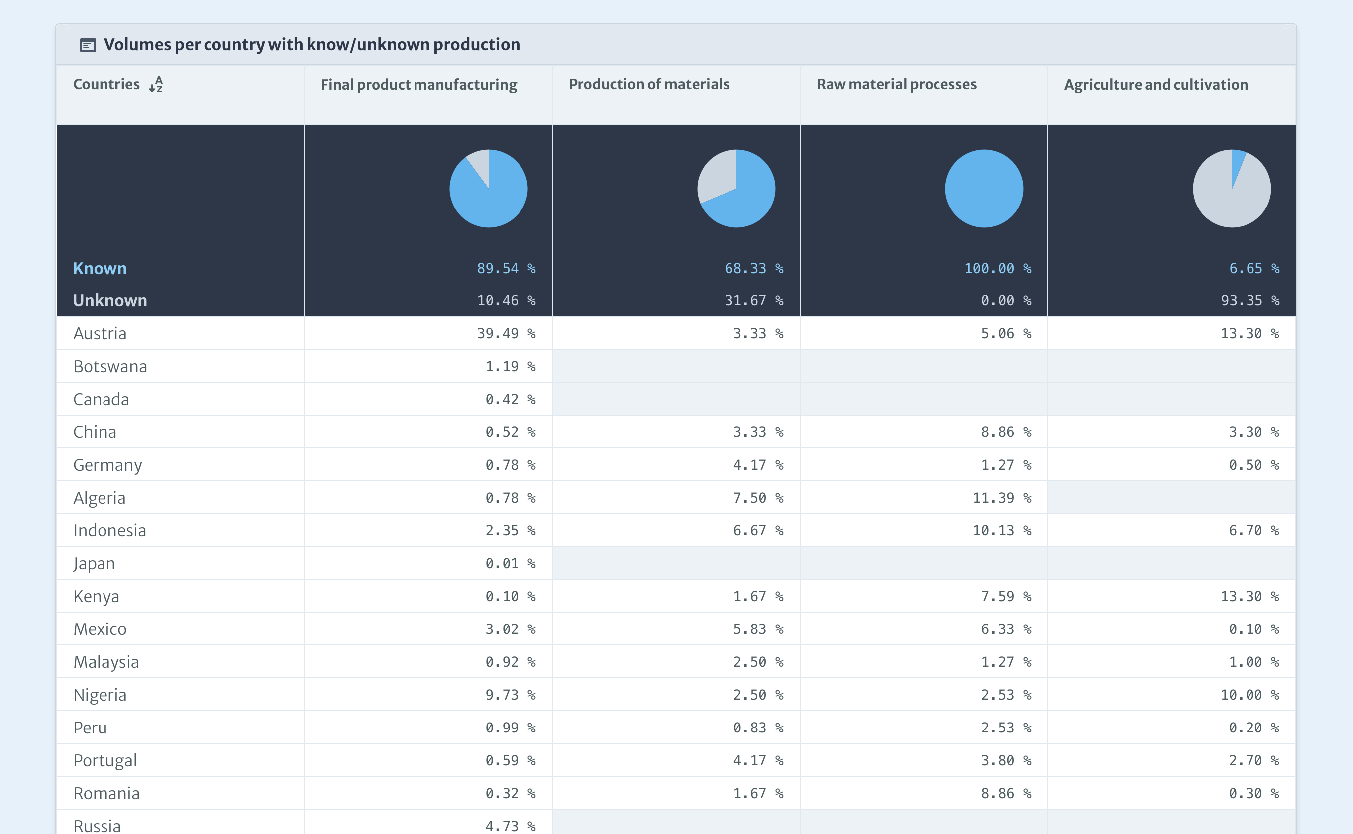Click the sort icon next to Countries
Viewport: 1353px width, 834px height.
156,85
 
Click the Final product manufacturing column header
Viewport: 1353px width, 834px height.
419,85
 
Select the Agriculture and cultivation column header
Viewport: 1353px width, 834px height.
1156,85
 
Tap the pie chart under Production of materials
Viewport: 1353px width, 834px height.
736,189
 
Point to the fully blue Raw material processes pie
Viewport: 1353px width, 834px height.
984,189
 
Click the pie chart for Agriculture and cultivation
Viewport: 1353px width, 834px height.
1232,189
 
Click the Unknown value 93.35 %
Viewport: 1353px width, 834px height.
1250,301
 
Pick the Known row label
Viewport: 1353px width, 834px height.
100,269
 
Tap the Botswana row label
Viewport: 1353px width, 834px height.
110,367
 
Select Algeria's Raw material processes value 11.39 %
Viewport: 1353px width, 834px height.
1002,498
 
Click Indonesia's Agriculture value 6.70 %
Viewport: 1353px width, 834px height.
1253,530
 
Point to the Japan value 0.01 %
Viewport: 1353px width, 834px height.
510,564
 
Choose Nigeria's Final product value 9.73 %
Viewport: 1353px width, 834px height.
510,695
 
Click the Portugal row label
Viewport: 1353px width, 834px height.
105,761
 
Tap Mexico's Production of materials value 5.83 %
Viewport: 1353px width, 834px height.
758,629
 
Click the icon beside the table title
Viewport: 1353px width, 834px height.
88,45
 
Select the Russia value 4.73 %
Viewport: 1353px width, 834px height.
510,826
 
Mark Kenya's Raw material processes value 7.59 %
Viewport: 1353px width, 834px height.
1006,596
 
